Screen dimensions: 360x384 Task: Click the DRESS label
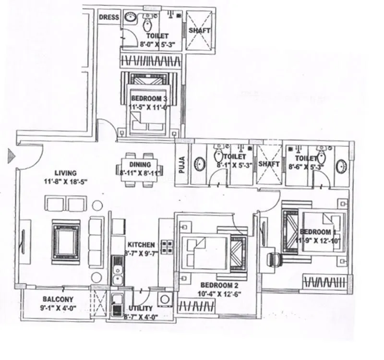(x=109, y=18)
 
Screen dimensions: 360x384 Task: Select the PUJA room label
(x=182, y=165)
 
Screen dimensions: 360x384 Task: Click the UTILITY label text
(x=141, y=308)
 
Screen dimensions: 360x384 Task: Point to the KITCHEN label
(x=141, y=244)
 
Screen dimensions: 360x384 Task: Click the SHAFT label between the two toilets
(x=269, y=164)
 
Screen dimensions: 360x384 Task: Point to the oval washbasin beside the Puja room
(x=199, y=165)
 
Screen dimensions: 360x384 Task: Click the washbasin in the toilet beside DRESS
(x=130, y=17)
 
